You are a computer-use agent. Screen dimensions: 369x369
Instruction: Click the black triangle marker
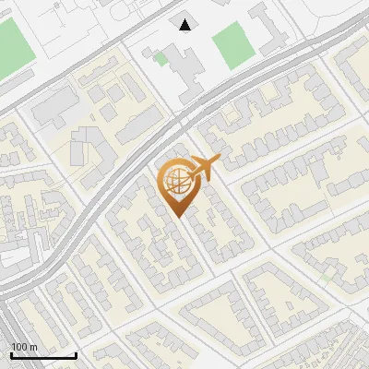[x=186, y=24]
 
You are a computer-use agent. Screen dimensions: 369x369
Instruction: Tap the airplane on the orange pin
[x=201, y=168]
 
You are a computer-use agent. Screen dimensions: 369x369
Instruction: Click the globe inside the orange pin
[x=177, y=182]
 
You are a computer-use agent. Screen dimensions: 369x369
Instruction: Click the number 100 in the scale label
[x=20, y=347]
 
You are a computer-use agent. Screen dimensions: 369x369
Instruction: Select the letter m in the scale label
[x=33, y=347]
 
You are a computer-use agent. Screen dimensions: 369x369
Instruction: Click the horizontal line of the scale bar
[x=42, y=356]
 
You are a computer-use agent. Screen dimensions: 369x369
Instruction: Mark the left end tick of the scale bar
[x=10, y=353]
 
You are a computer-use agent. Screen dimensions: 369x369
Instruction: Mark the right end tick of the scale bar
[x=76, y=353]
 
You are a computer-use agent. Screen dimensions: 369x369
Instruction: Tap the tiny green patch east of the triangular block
[x=327, y=276]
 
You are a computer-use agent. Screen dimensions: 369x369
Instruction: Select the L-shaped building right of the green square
[x=270, y=28]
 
